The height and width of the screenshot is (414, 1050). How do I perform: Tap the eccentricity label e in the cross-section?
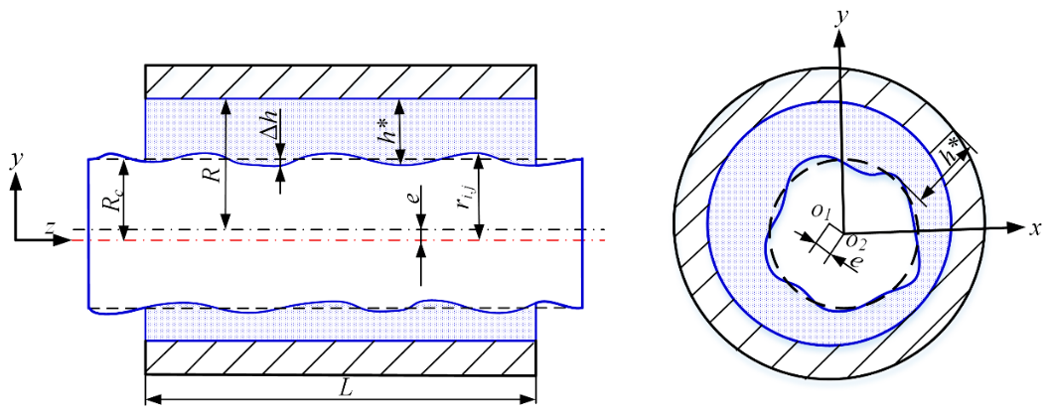[x=854, y=262]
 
